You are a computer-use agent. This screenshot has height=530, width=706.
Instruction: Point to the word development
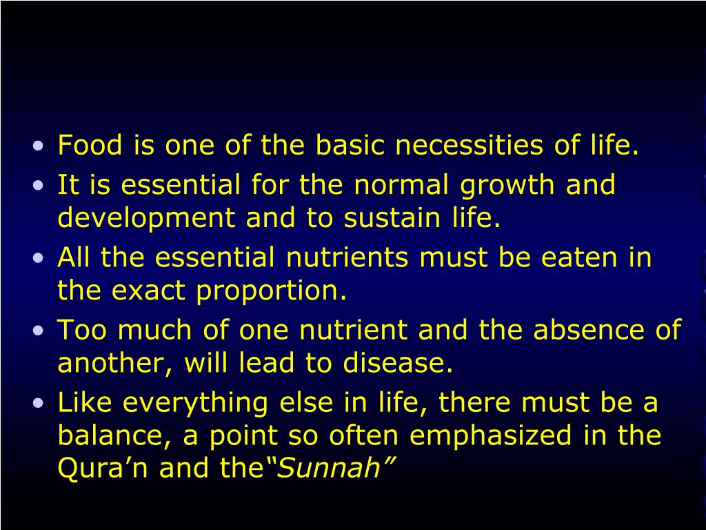pyautogui.click(x=147, y=219)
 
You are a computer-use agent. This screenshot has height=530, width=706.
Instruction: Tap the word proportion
pyautogui.click(x=270, y=292)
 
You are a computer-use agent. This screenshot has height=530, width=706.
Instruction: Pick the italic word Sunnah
pyautogui.click(x=331, y=469)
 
